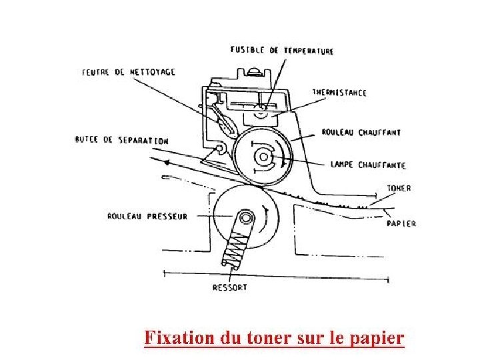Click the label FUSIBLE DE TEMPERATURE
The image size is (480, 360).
pyautogui.click(x=282, y=51)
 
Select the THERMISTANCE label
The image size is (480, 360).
pyautogui.click(x=339, y=93)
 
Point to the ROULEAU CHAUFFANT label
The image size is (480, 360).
pyautogui.click(x=361, y=133)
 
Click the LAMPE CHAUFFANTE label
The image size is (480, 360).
pyautogui.click(x=363, y=164)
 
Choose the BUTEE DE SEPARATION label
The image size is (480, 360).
pyautogui.click(x=121, y=141)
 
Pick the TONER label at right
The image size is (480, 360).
pyautogui.click(x=399, y=189)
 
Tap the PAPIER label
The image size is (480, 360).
pyautogui.click(x=401, y=223)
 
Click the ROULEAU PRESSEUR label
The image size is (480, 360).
pyautogui.click(x=147, y=216)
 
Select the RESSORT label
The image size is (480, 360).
pyautogui.click(x=229, y=287)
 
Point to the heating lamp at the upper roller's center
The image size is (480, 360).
pyautogui.click(x=263, y=157)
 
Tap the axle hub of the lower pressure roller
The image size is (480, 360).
pyautogui.click(x=247, y=217)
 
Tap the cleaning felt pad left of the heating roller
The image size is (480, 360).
pyautogui.click(x=224, y=123)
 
